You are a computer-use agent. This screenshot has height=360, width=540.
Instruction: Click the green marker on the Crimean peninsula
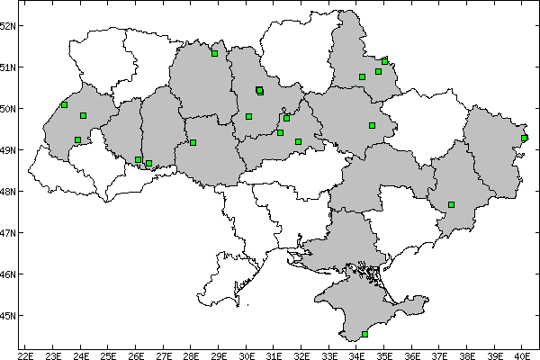coord(364,334)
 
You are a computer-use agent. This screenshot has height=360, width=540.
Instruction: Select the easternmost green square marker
coord(524,138)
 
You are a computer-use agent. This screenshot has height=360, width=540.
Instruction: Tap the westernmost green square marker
coord(64,104)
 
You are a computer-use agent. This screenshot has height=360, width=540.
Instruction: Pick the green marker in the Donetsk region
coord(451,204)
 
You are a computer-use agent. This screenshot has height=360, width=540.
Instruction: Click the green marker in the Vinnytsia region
coord(193,142)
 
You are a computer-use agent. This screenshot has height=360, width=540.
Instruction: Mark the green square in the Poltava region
coord(372,125)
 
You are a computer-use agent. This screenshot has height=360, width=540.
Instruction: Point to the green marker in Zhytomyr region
coord(214,53)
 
